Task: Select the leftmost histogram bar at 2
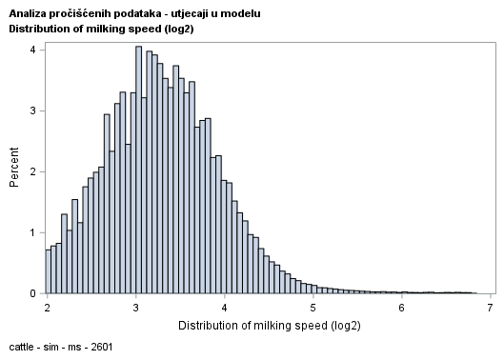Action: point(48,271)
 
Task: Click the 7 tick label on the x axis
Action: point(490,308)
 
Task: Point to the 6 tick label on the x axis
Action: point(401,308)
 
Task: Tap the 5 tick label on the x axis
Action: point(312,308)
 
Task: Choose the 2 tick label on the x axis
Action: point(47,308)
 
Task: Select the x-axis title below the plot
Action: point(269,325)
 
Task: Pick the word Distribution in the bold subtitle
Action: point(39,28)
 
